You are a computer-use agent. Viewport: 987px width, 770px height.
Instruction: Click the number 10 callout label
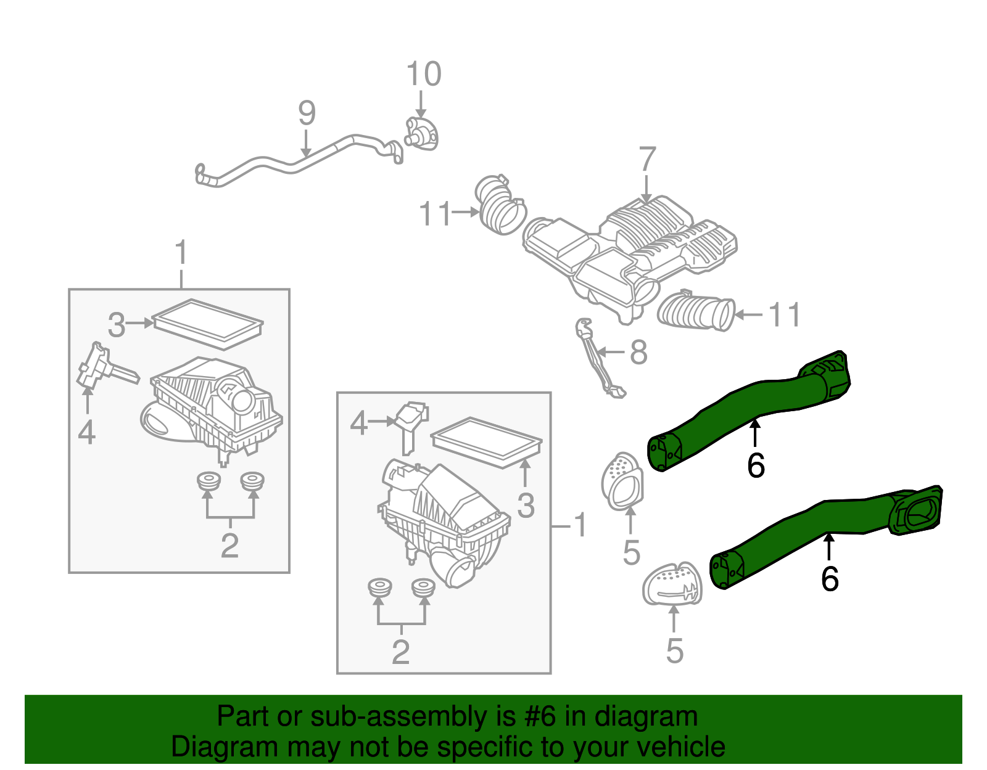click(x=424, y=75)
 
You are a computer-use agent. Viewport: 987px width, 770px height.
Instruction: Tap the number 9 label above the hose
click(x=307, y=113)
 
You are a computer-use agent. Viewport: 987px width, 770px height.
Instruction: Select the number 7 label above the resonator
click(x=646, y=160)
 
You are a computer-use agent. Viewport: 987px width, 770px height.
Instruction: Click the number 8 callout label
click(x=638, y=353)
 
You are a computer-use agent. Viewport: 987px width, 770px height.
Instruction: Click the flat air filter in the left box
click(x=207, y=323)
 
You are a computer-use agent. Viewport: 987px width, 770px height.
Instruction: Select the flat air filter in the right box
click(x=486, y=442)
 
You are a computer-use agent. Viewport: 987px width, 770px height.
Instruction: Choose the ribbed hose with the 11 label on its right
click(x=696, y=311)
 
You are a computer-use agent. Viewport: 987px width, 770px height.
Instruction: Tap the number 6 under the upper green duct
click(x=756, y=465)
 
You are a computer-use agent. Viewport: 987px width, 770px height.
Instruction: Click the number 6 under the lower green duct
click(x=830, y=579)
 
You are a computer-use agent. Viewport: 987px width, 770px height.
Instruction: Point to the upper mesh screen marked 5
click(x=622, y=481)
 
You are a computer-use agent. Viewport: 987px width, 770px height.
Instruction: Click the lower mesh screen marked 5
click(x=673, y=584)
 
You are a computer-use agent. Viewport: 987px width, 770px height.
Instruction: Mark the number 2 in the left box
click(x=229, y=546)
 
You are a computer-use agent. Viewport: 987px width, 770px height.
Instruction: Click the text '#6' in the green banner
click(x=540, y=717)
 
